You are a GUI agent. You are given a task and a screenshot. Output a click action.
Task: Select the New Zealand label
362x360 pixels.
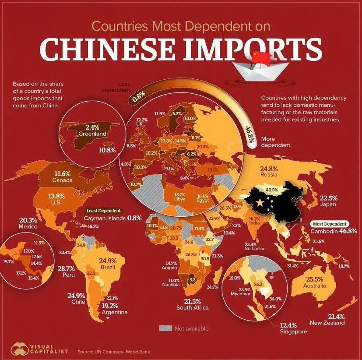[x=327, y=323]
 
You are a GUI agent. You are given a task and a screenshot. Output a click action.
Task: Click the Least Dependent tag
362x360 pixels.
[x=104, y=210]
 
